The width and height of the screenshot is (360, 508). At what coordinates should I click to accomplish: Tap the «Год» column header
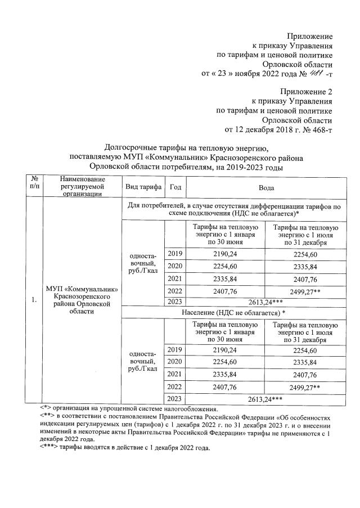click(x=175, y=187)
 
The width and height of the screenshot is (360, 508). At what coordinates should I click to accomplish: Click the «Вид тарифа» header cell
click(x=143, y=187)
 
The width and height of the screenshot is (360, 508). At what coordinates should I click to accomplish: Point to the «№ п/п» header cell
click(x=35, y=187)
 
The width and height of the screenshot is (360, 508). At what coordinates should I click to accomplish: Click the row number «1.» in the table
click(x=35, y=300)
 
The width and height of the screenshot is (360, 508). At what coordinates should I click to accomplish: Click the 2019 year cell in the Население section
click(x=175, y=350)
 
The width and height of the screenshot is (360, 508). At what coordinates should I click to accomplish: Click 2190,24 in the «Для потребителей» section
click(x=224, y=253)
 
